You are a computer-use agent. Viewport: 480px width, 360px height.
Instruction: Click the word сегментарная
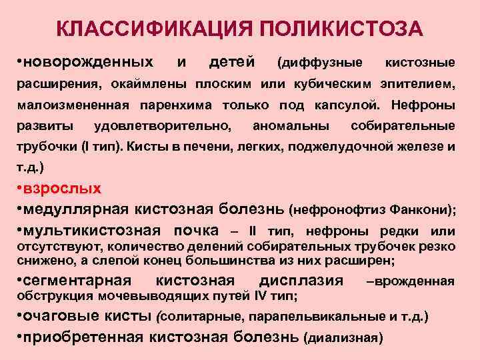77,280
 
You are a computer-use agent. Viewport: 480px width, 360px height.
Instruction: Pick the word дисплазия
305,280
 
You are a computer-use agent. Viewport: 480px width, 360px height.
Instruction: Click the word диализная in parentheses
343,338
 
